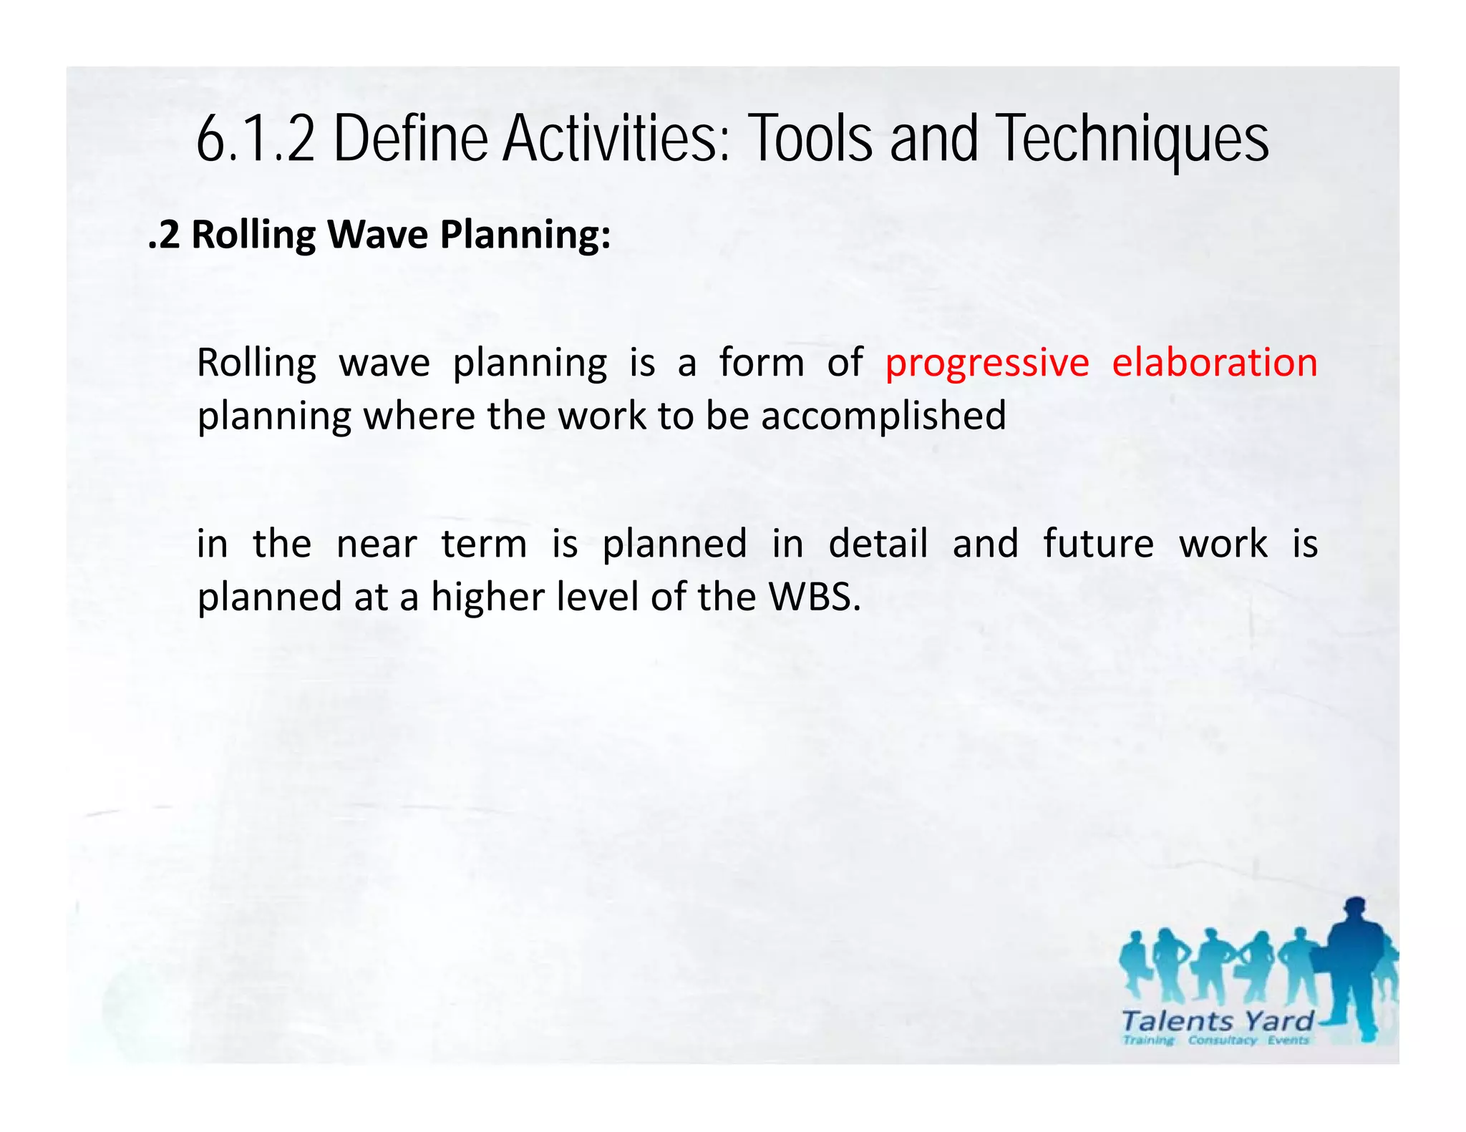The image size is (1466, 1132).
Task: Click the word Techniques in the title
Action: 1132,140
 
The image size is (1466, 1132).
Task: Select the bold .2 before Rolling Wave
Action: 164,235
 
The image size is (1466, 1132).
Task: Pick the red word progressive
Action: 986,363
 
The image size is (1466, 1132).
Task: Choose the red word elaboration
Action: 1214,362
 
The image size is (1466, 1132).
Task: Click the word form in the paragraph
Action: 762,362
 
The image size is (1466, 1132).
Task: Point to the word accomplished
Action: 883,416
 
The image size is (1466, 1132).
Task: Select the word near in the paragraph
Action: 377,544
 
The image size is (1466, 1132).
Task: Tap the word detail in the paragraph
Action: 878,543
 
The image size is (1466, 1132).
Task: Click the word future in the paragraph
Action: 1098,543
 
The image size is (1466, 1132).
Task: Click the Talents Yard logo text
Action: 1217,1020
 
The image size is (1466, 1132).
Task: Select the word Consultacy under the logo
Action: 1222,1040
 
